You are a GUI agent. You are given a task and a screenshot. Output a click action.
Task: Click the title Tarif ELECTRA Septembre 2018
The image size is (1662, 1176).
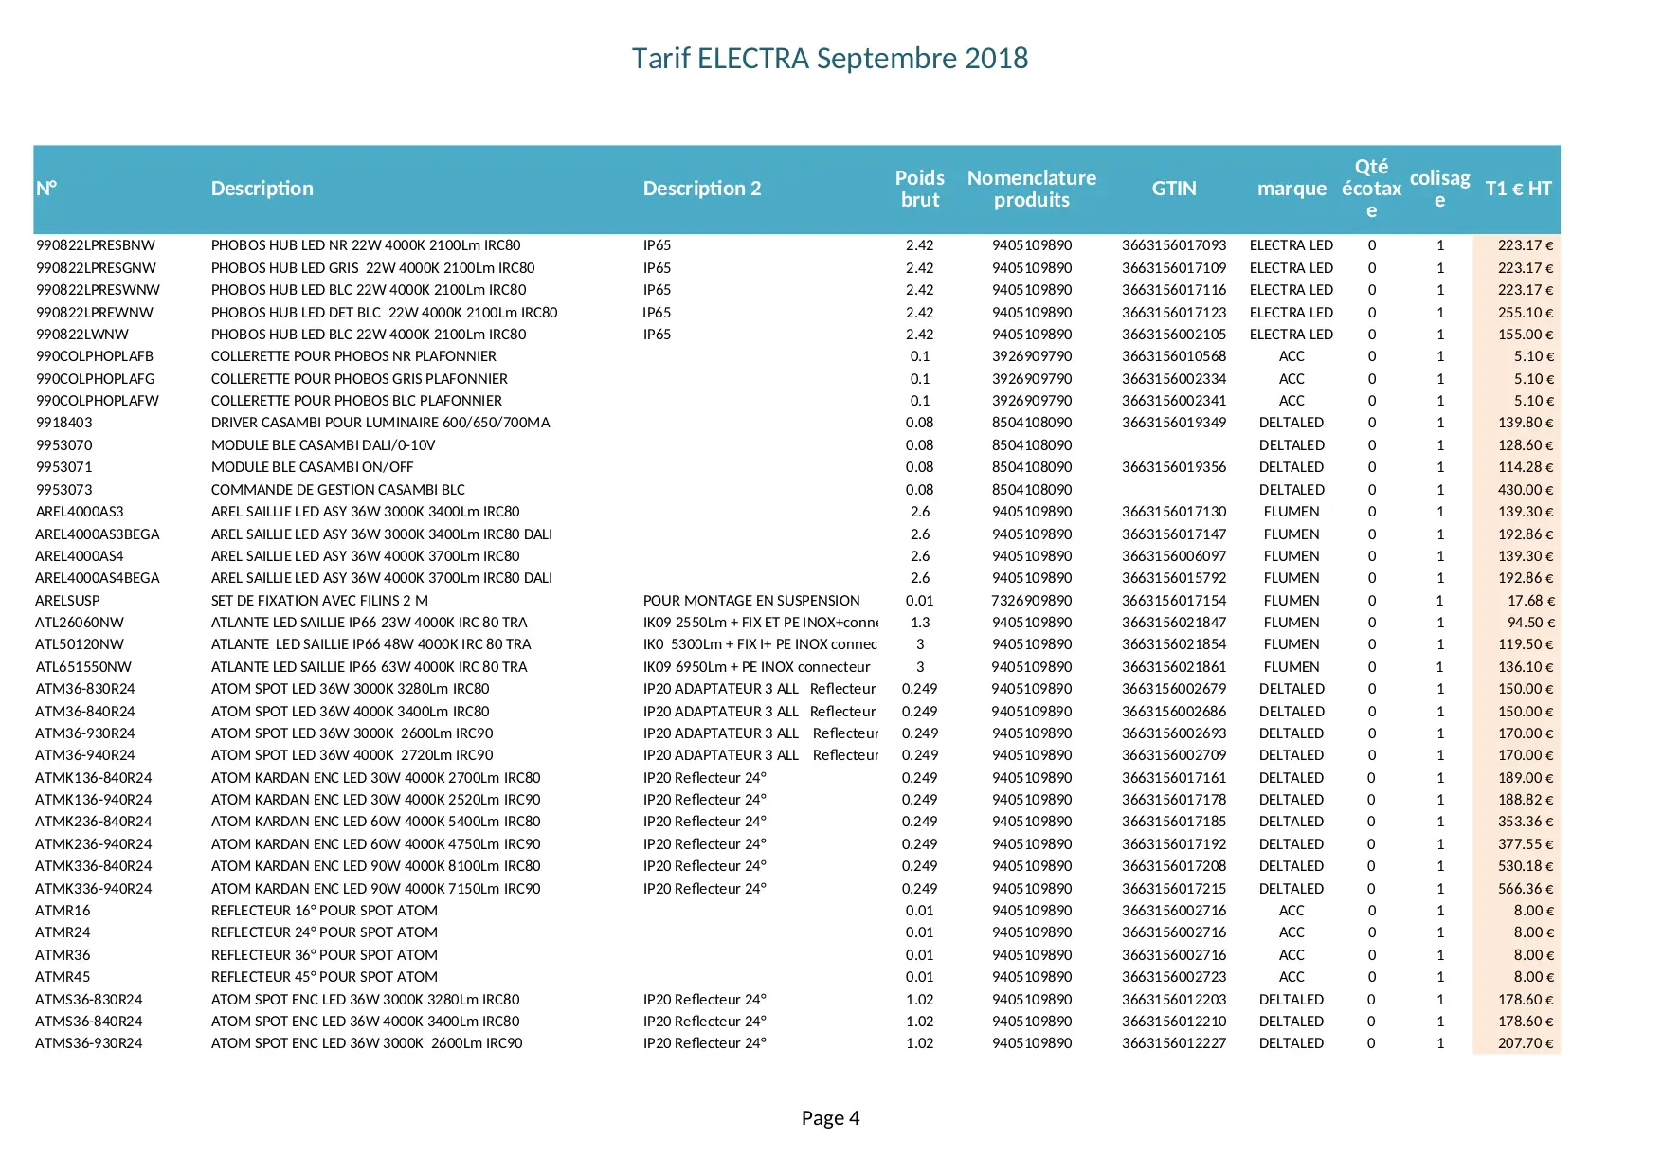pyautogui.click(x=830, y=59)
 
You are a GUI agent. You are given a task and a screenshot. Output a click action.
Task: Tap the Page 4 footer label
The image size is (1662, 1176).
pyautogui.click(x=830, y=1118)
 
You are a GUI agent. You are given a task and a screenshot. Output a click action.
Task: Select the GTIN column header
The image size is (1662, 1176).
pyautogui.click(x=1174, y=189)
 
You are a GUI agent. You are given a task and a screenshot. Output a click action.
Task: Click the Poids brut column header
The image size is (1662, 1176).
pyautogui.click(x=919, y=189)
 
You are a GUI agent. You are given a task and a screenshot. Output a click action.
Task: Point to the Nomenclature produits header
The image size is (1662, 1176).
pyautogui.click(x=1031, y=189)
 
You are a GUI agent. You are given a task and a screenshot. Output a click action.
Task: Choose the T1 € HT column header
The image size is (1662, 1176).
pyautogui.click(x=1518, y=189)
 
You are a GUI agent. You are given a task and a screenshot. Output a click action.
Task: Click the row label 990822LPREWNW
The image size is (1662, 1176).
pyautogui.click(x=95, y=313)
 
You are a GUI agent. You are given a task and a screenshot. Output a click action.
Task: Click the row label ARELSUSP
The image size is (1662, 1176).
pyautogui.click(x=67, y=601)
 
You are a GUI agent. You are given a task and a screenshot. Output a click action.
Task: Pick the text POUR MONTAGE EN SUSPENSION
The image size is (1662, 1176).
pyautogui.click(x=751, y=601)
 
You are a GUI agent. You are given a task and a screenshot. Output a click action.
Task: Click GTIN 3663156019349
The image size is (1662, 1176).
pyautogui.click(x=1174, y=423)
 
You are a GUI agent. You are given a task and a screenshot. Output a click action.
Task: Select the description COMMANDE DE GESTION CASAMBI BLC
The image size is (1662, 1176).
pyautogui.click(x=338, y=490)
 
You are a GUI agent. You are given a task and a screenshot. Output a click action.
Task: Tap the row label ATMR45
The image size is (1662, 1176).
pyautogui.click(x=63, y=977)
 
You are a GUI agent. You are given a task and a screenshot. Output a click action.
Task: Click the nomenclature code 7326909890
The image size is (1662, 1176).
pyautogui.click(x=1032, y=601)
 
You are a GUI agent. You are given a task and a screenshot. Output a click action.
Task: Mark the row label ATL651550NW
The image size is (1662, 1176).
pyautogui.click(x=83, y=667)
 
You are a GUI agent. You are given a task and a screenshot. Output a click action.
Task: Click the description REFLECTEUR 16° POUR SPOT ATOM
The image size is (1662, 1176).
pyautogui.click(x=324, y=911)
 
